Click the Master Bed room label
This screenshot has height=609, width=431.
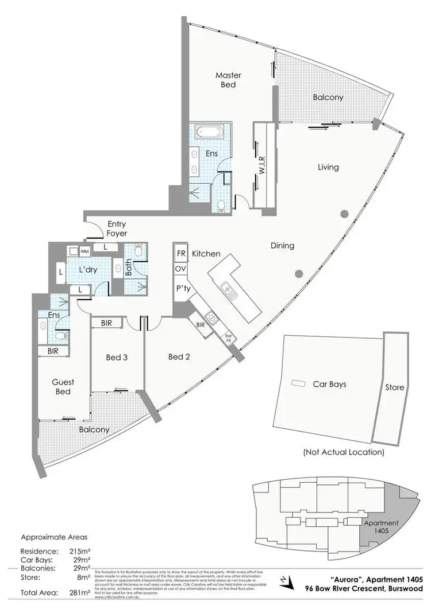228,80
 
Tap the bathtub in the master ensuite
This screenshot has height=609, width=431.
210,131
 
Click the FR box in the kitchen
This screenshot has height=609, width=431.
181,253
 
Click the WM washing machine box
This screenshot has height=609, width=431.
84,251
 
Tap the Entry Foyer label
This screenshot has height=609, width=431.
117,229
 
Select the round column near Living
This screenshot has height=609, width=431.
344,214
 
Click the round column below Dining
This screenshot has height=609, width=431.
299,274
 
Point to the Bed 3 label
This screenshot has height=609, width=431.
117,357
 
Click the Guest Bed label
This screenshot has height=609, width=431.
63,387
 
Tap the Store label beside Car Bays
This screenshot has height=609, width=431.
395,387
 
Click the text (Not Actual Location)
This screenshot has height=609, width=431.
343,452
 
